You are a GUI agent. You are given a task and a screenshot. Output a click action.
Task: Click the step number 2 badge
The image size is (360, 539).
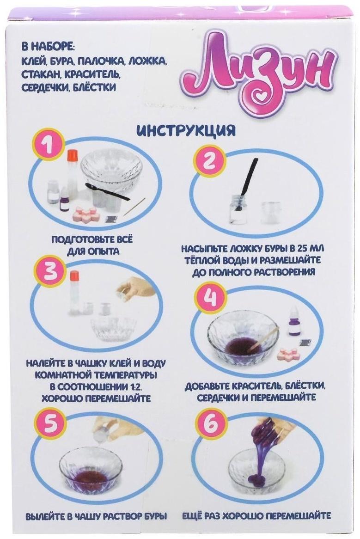(x=208, y=162)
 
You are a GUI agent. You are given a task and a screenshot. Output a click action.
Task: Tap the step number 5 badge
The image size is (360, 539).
(x=50, y=425)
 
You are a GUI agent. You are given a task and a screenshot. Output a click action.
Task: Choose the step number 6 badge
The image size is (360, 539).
(x=209, y=425)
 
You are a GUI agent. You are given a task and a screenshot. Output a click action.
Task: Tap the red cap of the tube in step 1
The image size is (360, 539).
(x=72, y=155)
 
